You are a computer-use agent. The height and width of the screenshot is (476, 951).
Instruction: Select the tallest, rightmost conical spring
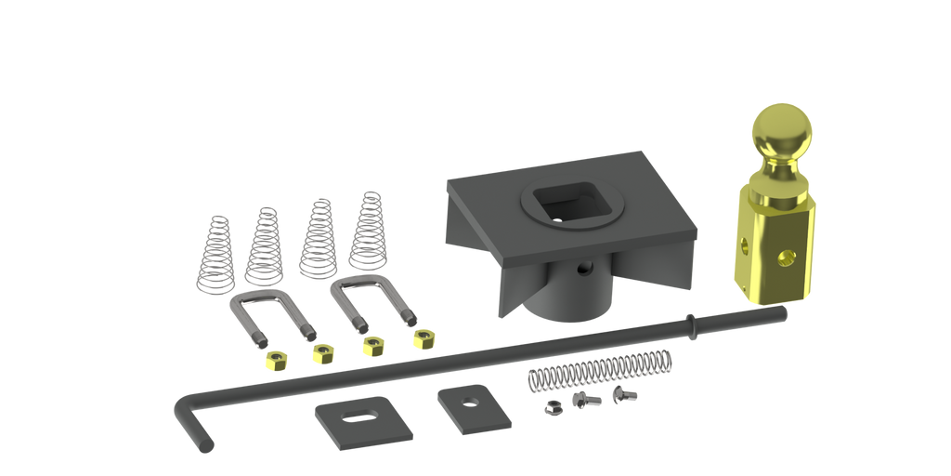click(x=365, y=232)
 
